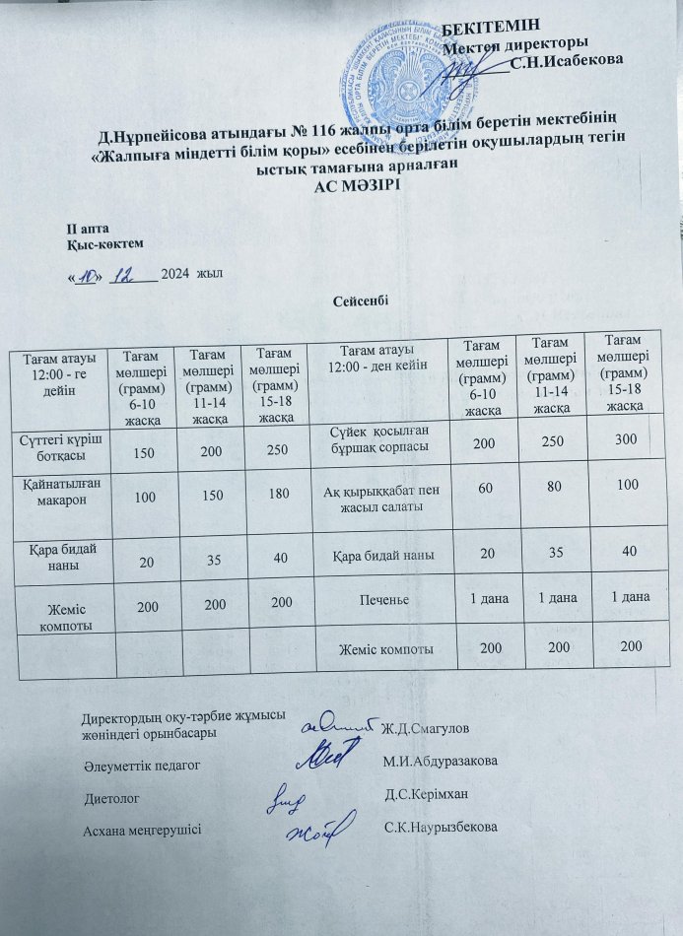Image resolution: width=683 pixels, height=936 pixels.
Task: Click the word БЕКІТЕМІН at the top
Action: coord(492,27)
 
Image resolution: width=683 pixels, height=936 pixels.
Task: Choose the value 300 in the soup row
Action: coord(625,443)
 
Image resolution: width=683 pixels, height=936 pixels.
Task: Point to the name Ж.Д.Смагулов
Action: coord(425,727)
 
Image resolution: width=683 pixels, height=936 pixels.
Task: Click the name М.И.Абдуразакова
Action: coord(438,761)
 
